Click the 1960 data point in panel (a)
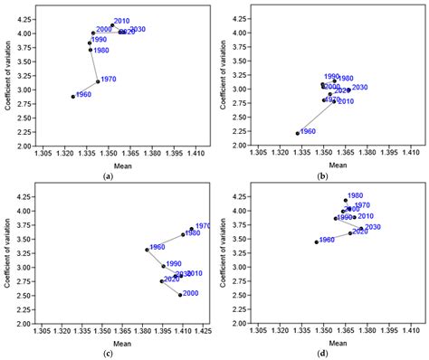click(73, 97)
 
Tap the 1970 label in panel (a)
click(107, 79)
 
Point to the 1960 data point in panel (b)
click(298, 134)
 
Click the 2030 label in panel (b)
click(359, 87)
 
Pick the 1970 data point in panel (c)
click(192, 230)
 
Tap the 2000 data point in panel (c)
click(180, 295)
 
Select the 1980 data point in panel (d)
click(345, 200)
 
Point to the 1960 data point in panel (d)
click(316, 242)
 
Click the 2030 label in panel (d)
click(372, 227)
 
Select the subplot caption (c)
click(108, 351)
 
